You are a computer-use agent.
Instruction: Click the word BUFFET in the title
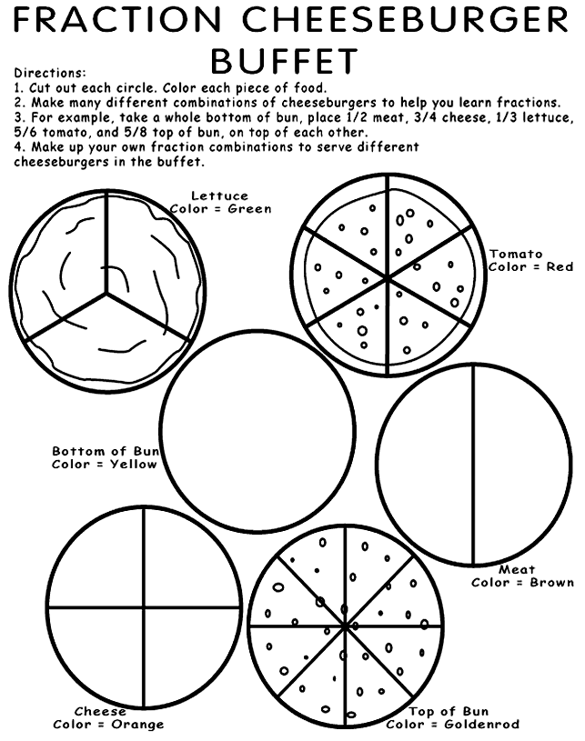coord(284,61)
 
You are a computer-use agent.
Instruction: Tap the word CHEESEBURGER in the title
coord(405,19)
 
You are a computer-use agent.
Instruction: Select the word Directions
coord(50,73)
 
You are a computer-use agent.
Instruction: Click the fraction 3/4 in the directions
coord(426,116)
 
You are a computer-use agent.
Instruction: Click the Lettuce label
coord(219,195)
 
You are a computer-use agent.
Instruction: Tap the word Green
coord(249,209)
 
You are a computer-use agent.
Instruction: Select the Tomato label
coord(516,254)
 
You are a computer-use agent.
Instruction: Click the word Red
coord(560,267)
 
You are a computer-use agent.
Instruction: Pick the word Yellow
coord(134,465)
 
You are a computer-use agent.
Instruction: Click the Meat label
coord(517,569)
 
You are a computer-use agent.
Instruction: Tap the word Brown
coord(552,582)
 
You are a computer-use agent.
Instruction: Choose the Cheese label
coord(100,711)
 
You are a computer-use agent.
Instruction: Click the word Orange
coord(137,725)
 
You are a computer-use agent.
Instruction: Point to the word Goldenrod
coord(482,725)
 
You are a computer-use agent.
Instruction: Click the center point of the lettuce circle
coord(106,294)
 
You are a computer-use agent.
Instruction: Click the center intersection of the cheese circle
coord(144,606)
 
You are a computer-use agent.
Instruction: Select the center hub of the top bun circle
coord(345,626)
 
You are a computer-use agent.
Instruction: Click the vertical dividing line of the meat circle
coord(473,464)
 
